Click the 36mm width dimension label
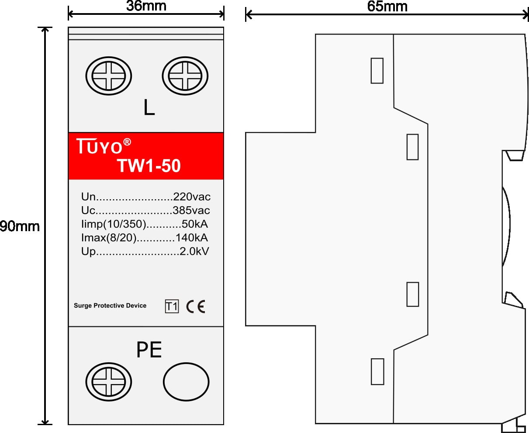pos(146,6)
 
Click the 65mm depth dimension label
pos(387,6)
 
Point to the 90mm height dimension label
pos(20,226)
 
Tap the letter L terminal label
pos(149,107)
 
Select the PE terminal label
pos(149,350)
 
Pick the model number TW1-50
pos(149,166)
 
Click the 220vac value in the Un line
pos(192,197)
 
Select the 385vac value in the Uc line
pos(191,210)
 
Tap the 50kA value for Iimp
pos(195,224)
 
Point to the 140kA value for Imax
pos(192,237)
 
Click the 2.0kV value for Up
pos(194,251)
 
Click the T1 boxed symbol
pos(172,306)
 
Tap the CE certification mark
pos(196,306)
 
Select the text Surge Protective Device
pos(110,305)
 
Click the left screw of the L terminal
pos(109,76)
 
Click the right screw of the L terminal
pos(185,76)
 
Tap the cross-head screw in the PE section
pos(109,381)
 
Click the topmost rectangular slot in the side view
pos(377,71)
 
